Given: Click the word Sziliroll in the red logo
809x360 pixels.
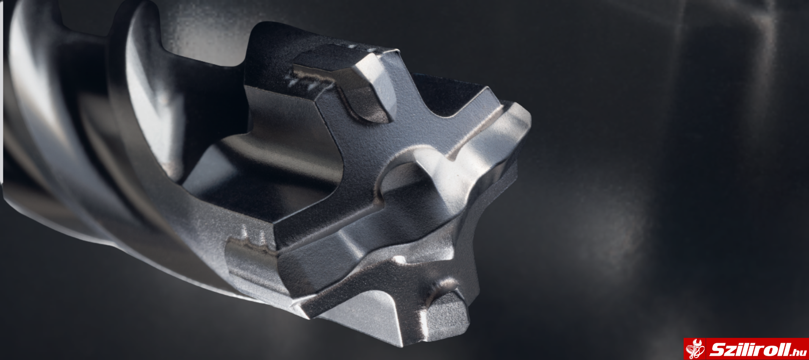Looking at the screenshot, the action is click(x=750, y=350).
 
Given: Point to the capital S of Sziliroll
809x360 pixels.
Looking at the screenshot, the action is click(x=717, y=350).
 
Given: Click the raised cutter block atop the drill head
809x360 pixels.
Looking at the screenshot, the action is click(x=347, y=85).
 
